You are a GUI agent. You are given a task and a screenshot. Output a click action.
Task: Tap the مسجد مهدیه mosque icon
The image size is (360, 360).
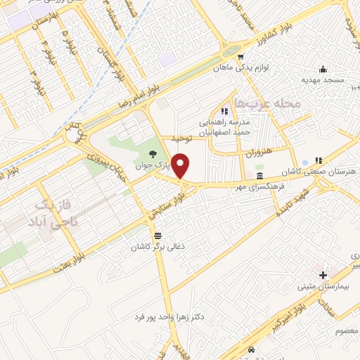(323, 68)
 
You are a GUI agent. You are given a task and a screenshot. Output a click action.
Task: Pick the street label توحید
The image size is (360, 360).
(181, 139)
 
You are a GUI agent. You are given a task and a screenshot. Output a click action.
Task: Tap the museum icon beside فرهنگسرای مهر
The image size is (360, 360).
(259, 175)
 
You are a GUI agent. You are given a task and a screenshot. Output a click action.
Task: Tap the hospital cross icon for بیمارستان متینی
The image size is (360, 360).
(323, 274)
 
